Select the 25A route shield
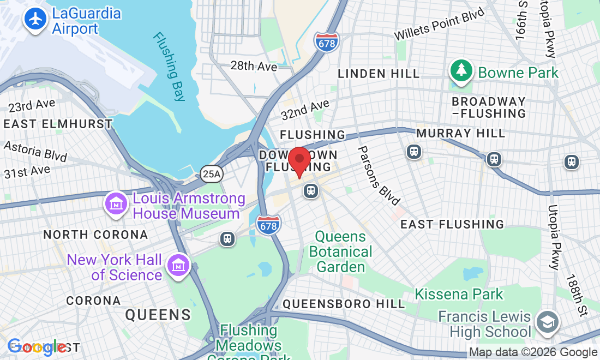[x=211, y=174]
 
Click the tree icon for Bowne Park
[x=461, y=71]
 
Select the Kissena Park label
[x=459, y=294]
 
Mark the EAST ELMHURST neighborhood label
[x=57, y=124]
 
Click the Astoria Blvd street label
[x=35, y=151]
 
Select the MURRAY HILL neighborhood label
[x=460, y=133]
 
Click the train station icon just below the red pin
[x=311, y=191]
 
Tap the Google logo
[x=36, y=346]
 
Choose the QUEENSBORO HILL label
[x=344, y=304]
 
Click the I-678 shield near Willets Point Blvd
[x=326, y=42]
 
